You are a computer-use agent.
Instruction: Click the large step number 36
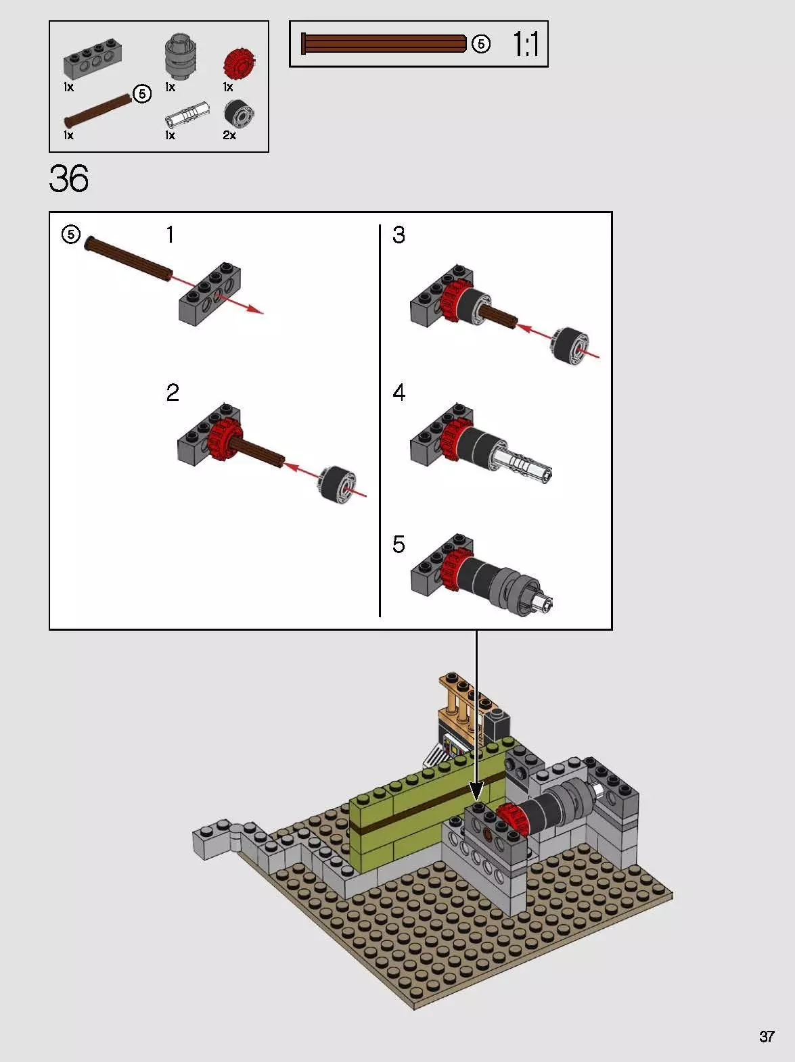[x=69, y=179]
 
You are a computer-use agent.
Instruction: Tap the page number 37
[x=766, y=1036]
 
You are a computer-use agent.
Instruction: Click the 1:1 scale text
[x=526, y=45]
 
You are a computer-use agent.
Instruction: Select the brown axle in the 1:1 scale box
[x=384, y=44]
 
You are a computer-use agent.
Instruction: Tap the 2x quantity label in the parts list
[x=229, y=135]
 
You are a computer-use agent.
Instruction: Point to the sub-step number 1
[x=170, y=235]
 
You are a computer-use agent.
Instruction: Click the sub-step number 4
[x=399, y=393]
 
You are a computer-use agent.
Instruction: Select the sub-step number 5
[x=399, y=544]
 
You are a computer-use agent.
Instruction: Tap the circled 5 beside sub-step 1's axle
[x=71, y=235]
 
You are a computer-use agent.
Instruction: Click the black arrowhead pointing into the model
[x=476, y=790]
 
